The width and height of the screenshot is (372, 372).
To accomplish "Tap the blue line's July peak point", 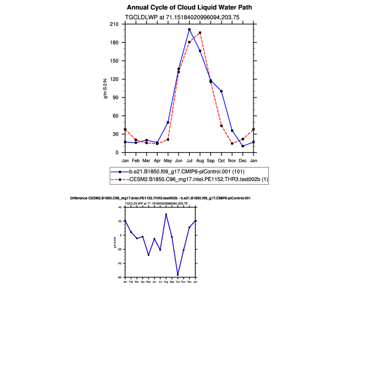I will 189,29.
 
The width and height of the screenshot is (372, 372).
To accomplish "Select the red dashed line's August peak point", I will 200,33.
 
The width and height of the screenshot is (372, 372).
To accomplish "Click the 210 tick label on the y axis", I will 115,24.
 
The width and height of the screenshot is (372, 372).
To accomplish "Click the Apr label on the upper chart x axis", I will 157,160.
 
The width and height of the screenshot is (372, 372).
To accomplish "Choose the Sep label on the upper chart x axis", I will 211,160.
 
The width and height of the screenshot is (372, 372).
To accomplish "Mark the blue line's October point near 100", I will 221,91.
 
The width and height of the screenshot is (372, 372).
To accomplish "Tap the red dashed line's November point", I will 232,143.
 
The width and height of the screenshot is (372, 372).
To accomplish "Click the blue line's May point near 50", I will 168,122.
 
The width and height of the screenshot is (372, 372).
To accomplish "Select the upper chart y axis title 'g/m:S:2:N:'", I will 105,88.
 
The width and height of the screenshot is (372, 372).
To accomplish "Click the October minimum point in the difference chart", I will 177,274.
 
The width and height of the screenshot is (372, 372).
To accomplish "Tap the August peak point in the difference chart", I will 166,214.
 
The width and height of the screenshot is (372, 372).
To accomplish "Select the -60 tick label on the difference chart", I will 120,278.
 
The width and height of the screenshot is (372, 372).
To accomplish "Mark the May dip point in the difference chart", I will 148,255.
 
